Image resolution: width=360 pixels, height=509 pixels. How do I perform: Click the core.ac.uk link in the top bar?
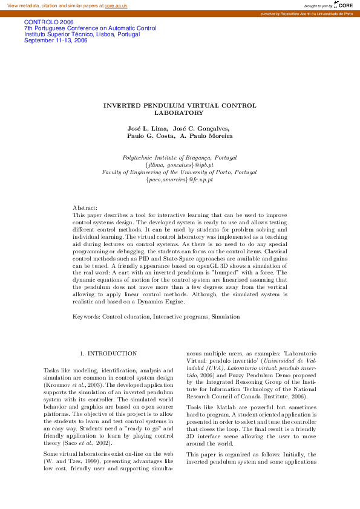pyautogui.click(x=116, y=5)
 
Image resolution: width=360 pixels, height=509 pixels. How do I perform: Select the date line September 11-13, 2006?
pyautogui.click(x=56, y=41)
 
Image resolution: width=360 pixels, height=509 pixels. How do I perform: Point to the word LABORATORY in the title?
pyautogui.click(x=179, y=112)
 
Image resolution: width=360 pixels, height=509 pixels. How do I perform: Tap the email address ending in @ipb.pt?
pyautogui.click(x=179, y=164)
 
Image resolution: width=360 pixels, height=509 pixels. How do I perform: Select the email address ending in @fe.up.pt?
pyautogui.click(x=179, y=180)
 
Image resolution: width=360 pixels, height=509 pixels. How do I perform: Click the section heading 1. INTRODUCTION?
pyautogui.click(x=108, y=353)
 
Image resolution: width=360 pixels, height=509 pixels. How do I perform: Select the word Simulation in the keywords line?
pyautogui.click(x=226, y=316)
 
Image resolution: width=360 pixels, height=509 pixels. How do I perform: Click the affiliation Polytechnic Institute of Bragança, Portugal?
pyautogui.click(x=179, y=157)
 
